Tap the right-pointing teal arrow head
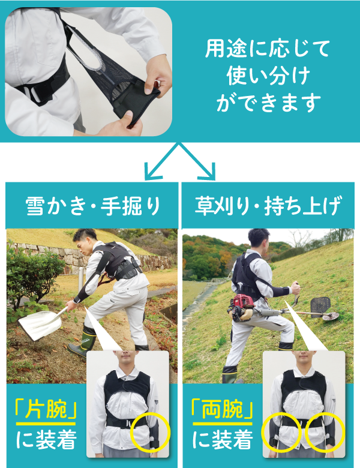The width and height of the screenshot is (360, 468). coord(211,174)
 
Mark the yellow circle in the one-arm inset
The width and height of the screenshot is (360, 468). coord(152,430)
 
